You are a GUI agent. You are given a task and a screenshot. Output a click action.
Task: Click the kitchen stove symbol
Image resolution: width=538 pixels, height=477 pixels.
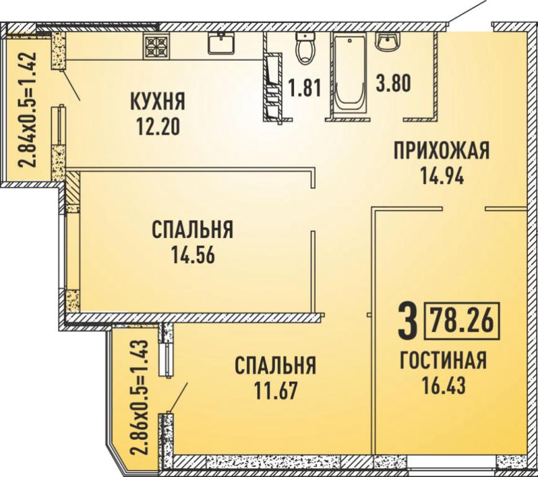click(x=156, y=46)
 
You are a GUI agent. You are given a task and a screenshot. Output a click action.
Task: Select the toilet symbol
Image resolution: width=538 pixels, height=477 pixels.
click(x=305, y=48)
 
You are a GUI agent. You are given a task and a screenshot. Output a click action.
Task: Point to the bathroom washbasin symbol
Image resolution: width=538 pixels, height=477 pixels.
click(x=388, y=42)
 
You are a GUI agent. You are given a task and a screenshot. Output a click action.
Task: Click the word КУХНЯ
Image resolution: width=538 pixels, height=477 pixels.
click(x=158, y=101)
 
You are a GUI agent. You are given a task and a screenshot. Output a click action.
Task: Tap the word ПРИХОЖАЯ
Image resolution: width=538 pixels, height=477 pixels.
click(x=442, y=151)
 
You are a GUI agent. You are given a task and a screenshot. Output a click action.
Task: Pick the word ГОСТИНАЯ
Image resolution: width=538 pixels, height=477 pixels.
click(x=443, y=360)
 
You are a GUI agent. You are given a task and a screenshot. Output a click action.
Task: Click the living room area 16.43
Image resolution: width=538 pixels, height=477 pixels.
click(x=443, y=385)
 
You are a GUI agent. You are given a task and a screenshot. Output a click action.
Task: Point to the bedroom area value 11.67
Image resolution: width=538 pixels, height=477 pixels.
click(x=275, y=391)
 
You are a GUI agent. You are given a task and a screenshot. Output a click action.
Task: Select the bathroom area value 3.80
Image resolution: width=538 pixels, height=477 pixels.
click(x=393, y=83)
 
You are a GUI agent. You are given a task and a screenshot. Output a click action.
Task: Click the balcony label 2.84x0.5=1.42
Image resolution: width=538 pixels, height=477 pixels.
click(x=27, y=109)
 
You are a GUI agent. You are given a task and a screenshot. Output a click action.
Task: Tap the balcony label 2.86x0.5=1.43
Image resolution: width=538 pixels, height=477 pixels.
click(x=140, y=397)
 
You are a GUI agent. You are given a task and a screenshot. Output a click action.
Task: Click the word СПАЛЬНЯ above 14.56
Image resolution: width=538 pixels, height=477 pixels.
click(x=192, y=230)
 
